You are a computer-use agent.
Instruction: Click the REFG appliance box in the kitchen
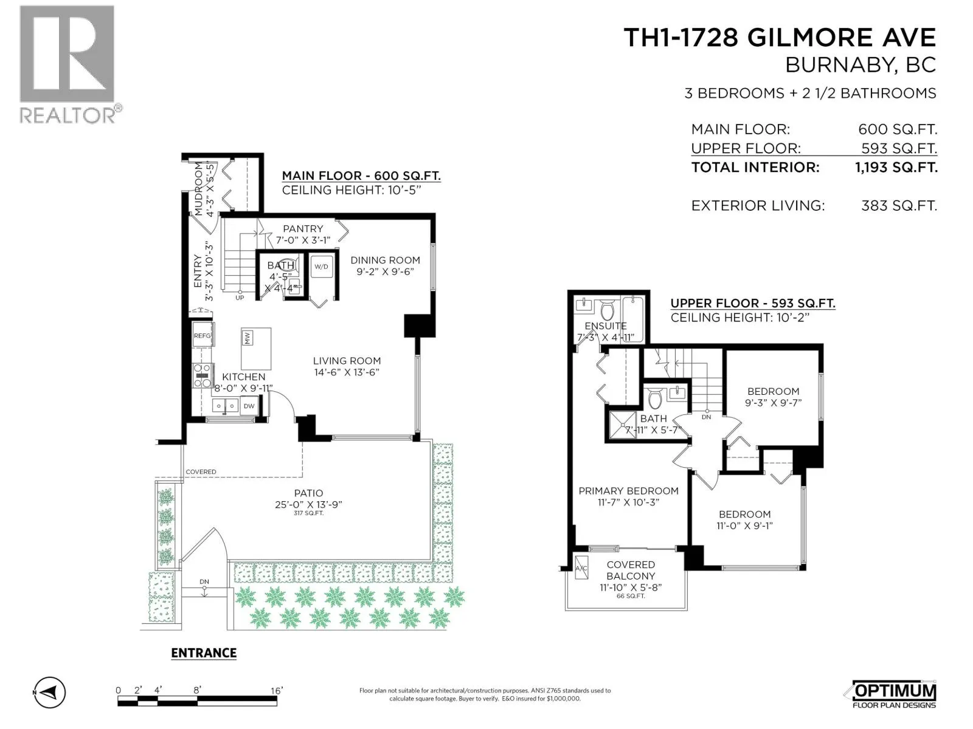(x=203, y=335)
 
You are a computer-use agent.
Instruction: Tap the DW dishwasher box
(x=249, y=406)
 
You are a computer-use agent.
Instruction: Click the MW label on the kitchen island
(x=248, y=338)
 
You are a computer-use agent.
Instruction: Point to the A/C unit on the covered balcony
(x=581, y=568)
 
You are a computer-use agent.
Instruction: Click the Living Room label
(x=347, y=361)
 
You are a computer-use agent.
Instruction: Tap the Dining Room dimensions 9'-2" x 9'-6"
(x=385, y=272)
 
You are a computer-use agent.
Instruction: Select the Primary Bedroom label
(x=628, y=491)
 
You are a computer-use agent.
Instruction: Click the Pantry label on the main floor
(x=303, y=229)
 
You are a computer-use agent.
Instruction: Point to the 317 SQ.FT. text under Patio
(x=308, y=513)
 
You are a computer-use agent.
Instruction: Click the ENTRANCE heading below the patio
(x=204, y=653)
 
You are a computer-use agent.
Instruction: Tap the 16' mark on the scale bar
(x=277, y=691)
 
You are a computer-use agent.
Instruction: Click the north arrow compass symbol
(x=50, y=692)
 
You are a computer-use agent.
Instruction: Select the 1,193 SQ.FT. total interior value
(x=896, y=167)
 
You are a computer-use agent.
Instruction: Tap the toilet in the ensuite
(x=607, y=310)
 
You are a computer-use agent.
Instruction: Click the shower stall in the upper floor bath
(x=622, y=425)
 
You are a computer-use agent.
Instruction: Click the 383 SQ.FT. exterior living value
(x=899, y=206)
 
